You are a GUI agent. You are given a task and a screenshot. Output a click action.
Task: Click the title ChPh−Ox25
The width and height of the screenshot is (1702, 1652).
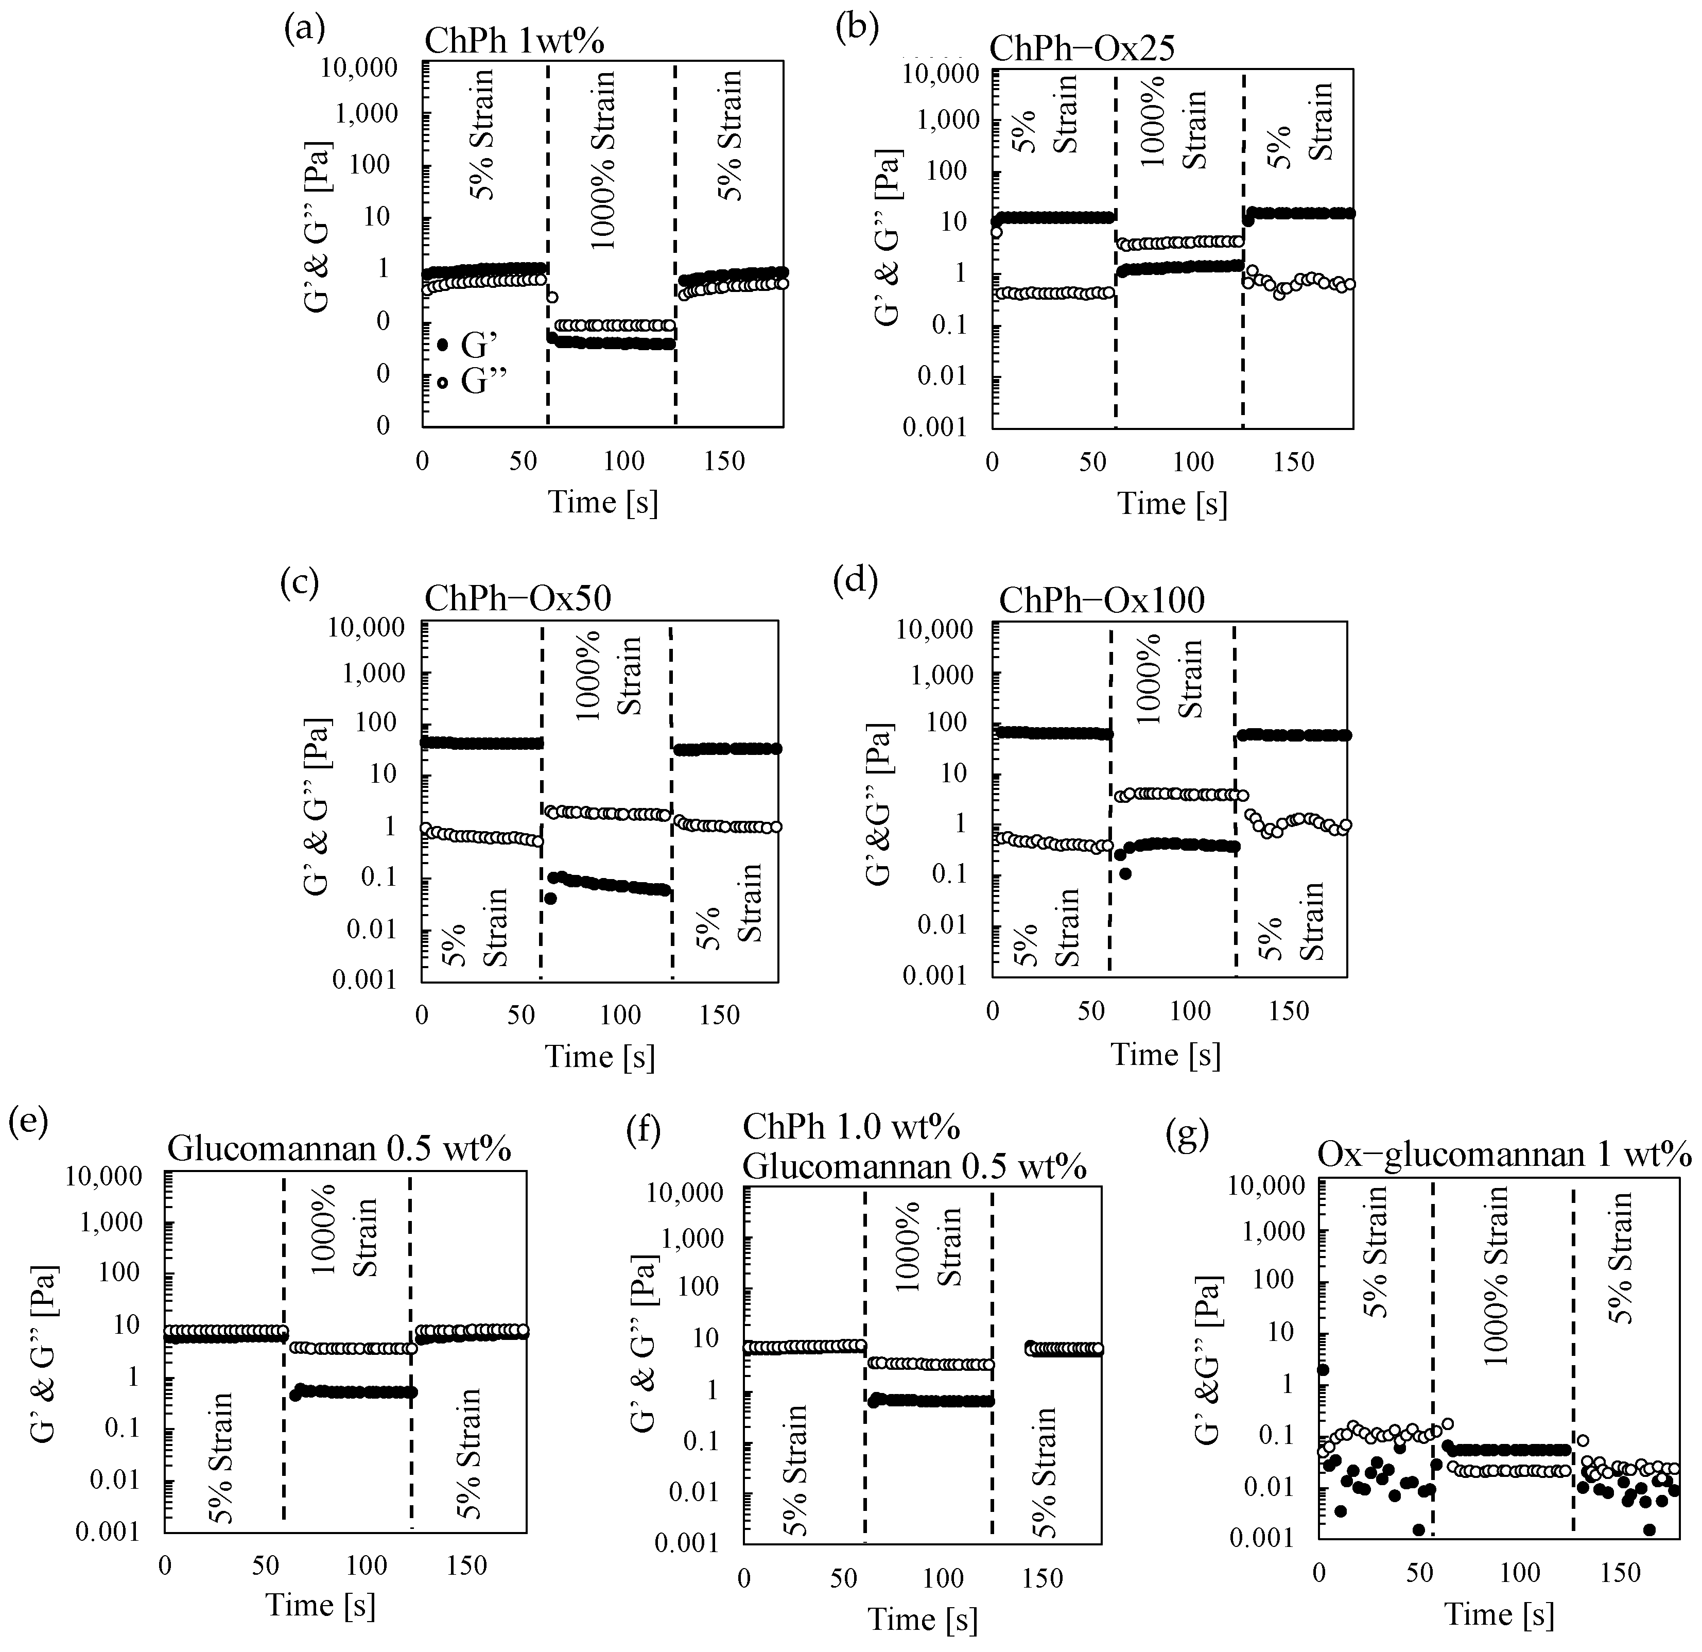coord(1082,48)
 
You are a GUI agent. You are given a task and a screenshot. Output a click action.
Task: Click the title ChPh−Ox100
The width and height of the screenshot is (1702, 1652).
coord(1101,599)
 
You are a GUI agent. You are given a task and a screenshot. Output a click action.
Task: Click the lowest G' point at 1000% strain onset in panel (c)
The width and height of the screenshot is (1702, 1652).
coord(550,898)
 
